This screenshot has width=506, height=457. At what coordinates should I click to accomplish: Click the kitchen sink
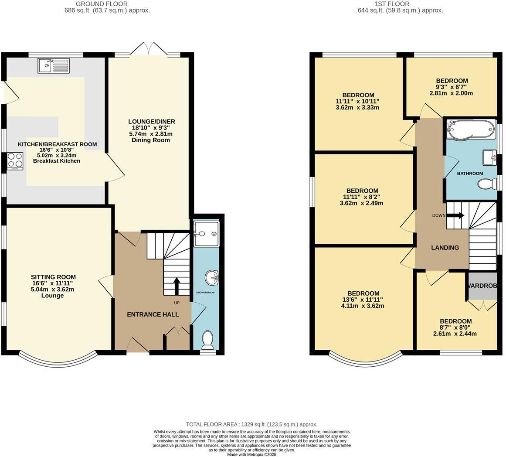point(53,65)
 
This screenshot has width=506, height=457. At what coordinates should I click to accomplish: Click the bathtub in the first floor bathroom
point(470,130)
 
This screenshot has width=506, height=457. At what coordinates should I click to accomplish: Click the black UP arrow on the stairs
point(177,286)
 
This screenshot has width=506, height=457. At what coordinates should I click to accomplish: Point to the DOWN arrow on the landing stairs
point(455,215)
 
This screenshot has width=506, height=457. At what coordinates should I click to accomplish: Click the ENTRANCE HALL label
point(153,314)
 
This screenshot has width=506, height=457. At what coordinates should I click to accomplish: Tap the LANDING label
point(445,248)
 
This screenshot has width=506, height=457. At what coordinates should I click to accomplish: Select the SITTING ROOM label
point(53,277)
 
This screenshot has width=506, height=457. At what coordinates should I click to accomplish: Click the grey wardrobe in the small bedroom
point(482,286)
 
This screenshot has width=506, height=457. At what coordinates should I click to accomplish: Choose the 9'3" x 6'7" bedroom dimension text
point(451,93)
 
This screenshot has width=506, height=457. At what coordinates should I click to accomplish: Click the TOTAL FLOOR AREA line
point(251,424)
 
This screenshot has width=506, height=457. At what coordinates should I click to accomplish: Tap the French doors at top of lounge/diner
point(149,49)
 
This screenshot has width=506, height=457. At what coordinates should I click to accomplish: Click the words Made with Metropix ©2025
point(251,454)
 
